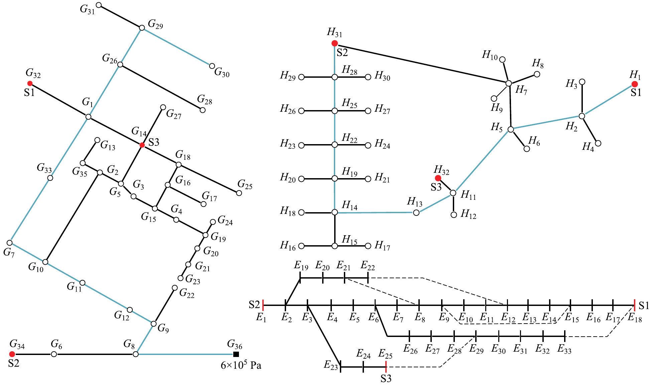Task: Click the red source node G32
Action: coord(30,83)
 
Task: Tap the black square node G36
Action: coord(236,354)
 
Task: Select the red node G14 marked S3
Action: coord(142,145)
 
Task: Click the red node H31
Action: coord(335,43)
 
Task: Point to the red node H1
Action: coord(634,84)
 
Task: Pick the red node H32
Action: coord(438,178)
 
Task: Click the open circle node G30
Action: coord(212,66)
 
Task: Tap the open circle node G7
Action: coord(10,243)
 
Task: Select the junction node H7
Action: coord(509,83)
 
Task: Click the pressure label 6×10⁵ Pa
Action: coord(241,365)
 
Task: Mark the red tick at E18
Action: coord(634,305)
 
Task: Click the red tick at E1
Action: coord(263,305)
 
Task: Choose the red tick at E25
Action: coord(386,367)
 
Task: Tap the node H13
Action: coord(416,213)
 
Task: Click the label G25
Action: coord(245,184)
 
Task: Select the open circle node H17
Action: coord(368,246)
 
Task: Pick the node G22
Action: coord(174,288)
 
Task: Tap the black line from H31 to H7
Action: coord(421,63)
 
